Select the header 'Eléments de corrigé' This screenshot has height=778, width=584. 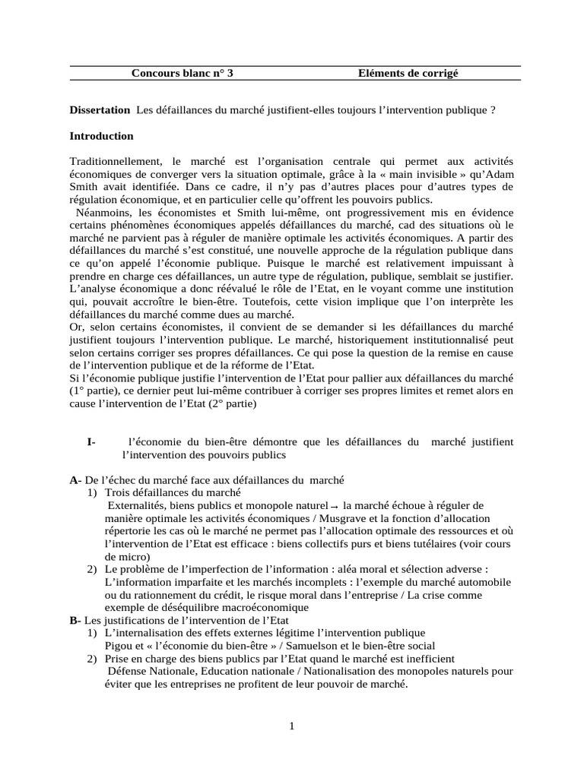[x=408, y=73]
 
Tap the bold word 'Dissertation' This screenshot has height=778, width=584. [x=100, y=110]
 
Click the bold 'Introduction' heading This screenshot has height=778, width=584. [x=101, y=136]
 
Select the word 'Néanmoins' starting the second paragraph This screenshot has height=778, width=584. [x=102, y=213]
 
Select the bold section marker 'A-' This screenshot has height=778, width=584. [x=75, y=480]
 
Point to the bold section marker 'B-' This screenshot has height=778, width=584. [x=75, y=621]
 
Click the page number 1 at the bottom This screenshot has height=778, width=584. [x=292, y=726]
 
